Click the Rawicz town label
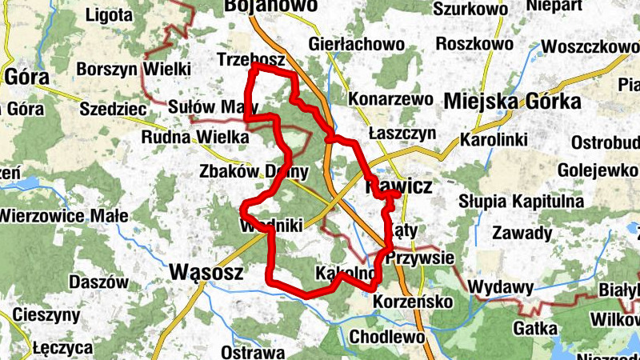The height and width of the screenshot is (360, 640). click(398, 186)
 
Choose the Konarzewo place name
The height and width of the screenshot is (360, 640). click(391, 100)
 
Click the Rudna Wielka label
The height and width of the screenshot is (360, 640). click(195, 138)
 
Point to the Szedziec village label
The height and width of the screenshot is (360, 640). click(112, 108)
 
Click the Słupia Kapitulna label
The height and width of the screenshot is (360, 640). click(521, 201)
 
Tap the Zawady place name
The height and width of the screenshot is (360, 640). click(522, 234)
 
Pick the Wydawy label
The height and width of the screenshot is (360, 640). click(502, 287)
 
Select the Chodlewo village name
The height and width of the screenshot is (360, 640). click(387, 337)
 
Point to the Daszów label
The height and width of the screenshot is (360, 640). click(99, 282)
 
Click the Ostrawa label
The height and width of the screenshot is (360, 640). click(253, 352)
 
